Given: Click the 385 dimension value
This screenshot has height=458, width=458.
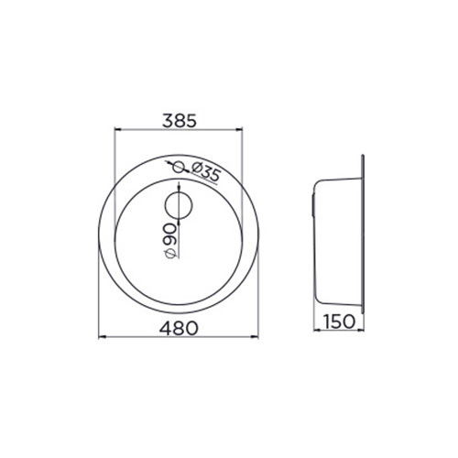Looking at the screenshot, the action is [180, 121].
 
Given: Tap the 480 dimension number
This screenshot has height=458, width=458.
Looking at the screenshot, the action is [179, 328].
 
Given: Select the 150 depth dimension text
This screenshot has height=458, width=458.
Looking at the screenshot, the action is [339, 322].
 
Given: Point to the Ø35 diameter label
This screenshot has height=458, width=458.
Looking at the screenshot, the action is [205, 171].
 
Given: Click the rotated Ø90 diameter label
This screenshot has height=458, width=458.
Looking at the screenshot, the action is [169, 241].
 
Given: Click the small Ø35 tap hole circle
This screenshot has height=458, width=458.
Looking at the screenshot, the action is [179, 167].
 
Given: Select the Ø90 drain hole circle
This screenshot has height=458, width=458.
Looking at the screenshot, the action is [179, 205].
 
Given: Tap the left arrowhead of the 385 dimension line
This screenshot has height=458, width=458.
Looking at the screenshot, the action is [118, 129].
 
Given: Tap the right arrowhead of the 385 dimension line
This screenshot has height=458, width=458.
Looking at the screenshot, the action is [239, 129].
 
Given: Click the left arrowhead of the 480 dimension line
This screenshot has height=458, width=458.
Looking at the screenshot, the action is [102, 337].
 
